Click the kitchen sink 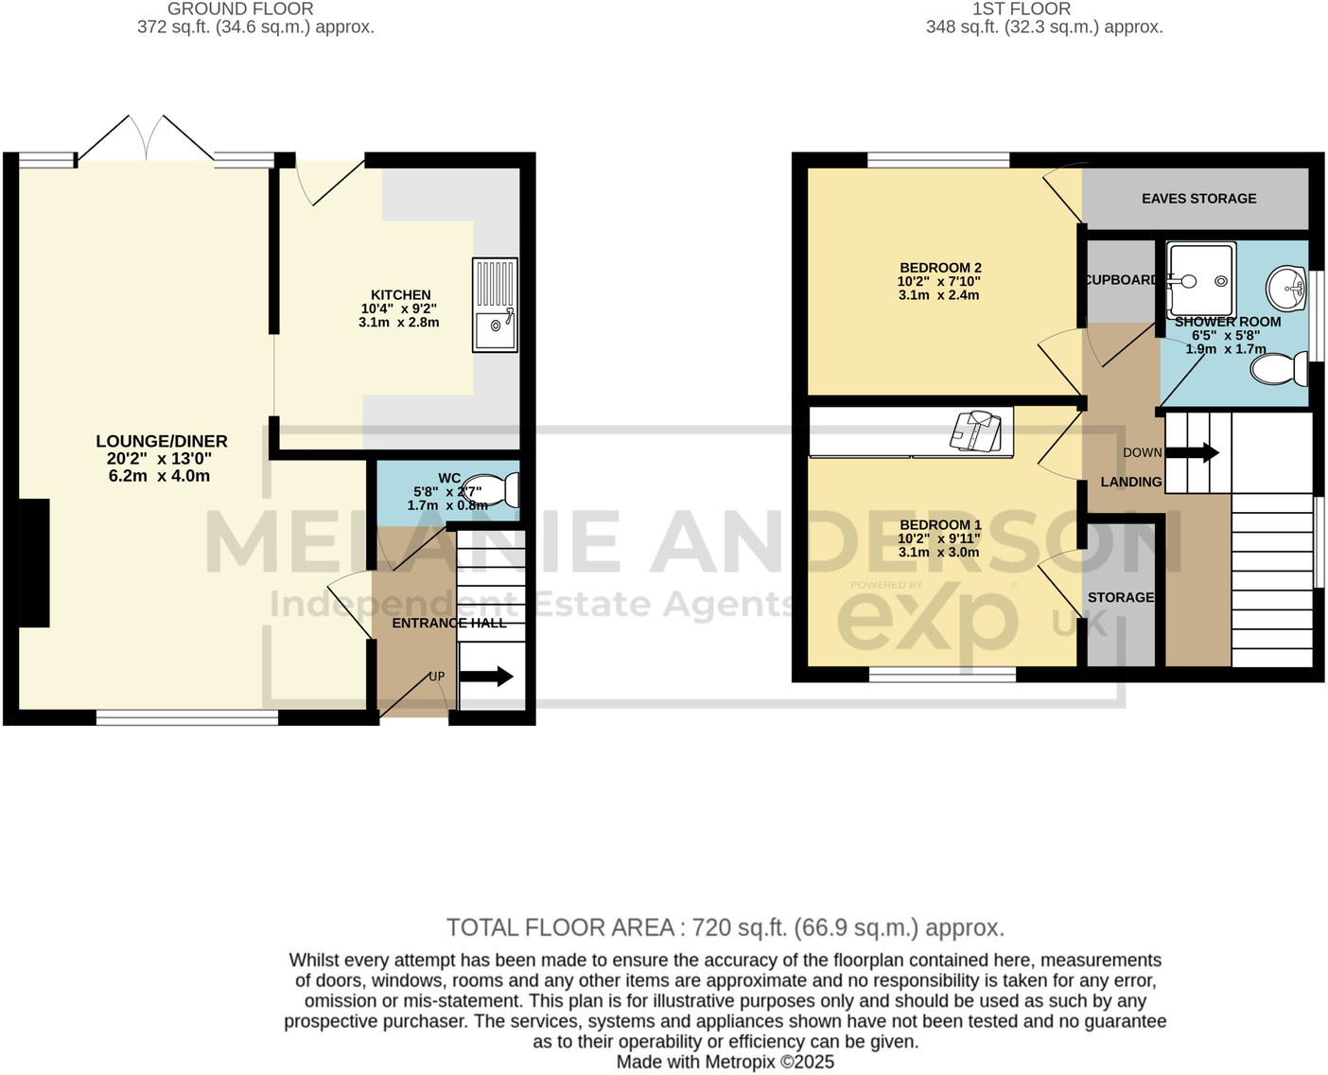(x=495, y=306)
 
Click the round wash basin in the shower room (x=1285, y=287)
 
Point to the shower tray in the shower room (x=1201, y=280)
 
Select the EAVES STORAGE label (x=1198, y=199)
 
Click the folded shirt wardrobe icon (x=975, y=432)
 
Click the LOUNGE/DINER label (x=162, y=441)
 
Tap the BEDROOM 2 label (x=940, y=268)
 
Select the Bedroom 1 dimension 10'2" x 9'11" (x=939, y=538)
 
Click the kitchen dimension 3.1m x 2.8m (x=399, y=323)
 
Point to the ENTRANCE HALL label (x=449, y=623)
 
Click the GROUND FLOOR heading (x=240, y=9)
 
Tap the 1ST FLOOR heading (x=1022, y=9)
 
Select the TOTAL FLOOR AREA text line (x=725, y=927)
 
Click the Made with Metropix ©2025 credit (x=725, y=1062)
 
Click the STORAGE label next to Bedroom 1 (x=1121, y=597)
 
